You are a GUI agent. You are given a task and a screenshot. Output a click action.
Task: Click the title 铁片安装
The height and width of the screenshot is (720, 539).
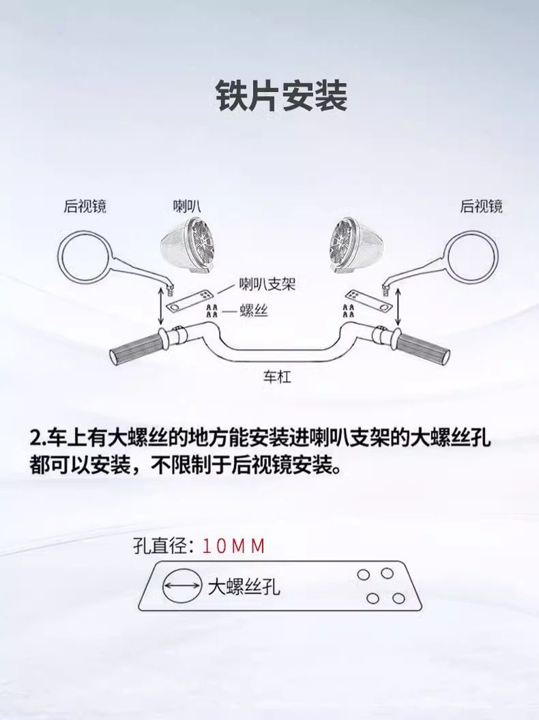click(x=281, y=96)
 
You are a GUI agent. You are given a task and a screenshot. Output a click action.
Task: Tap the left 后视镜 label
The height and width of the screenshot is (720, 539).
click(x=85, y=205)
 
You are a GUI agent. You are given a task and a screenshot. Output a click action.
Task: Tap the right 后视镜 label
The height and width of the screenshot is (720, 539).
click(x=481, y=205)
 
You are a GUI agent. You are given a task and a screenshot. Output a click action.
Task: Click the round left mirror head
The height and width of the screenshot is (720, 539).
click(x=81, y=255)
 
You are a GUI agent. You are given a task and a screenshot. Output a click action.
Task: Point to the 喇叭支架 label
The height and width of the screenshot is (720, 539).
click(x=266, y=284)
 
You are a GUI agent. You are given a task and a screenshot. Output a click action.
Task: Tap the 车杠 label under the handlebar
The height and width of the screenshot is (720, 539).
click(x=277, y=376)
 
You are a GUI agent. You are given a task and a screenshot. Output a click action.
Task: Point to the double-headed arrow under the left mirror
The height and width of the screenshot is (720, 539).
click(x=161, y=307)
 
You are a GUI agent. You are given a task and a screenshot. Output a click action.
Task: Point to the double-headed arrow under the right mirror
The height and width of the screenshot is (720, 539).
click(x=396, y=305)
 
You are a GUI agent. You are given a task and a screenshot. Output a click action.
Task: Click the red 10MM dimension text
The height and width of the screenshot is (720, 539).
click(x=233, y=547)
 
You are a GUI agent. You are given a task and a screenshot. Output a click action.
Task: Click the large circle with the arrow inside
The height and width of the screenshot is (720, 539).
click(x=179, y=586)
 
